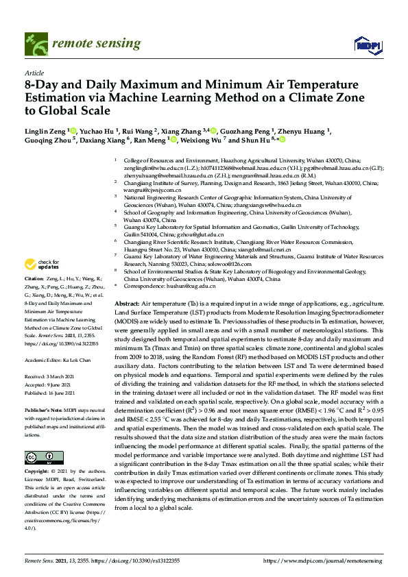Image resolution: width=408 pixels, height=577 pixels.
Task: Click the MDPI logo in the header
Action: coord(366,45)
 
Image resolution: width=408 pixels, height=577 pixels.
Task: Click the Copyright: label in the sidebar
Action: coord(38,473)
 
